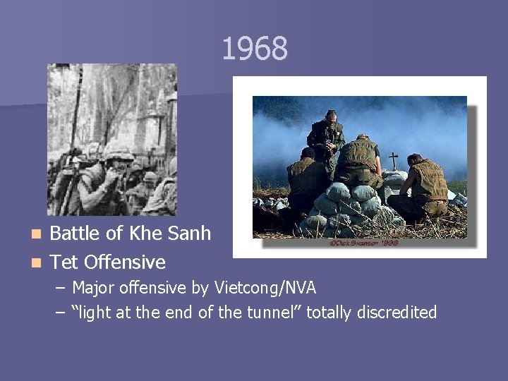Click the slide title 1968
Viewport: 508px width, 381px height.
coord(255,49)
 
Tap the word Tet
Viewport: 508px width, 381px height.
coord(64,262)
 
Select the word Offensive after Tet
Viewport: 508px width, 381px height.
coord(124,262)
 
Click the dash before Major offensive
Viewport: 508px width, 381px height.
coord(60,288)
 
